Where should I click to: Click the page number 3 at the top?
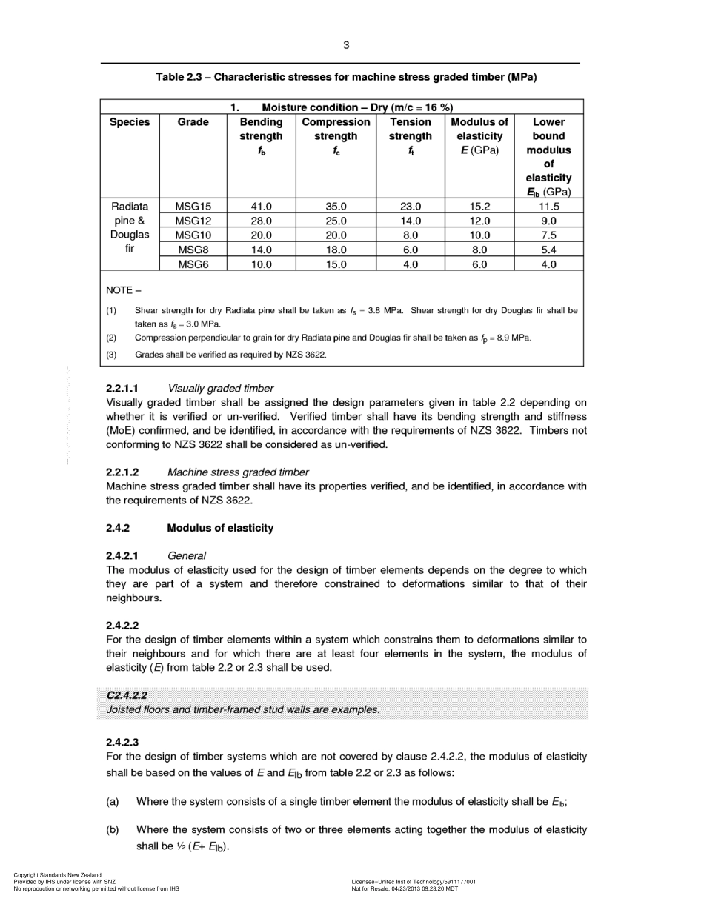[345, 45]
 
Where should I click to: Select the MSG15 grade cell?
[193, 207]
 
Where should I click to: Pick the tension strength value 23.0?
[410, 207]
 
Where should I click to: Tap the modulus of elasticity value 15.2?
[479, 207]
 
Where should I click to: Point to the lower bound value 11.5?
[548, 207]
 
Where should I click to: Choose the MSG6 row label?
[193, 264]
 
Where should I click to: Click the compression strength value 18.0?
[336, 250]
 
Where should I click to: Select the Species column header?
[130, 122]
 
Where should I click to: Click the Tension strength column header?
[410, 129]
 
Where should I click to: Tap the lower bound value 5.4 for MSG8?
[548, 250]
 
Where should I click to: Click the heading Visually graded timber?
[220, 388]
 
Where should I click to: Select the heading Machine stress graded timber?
[238, 472]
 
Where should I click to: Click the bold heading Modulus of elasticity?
[219, 528]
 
